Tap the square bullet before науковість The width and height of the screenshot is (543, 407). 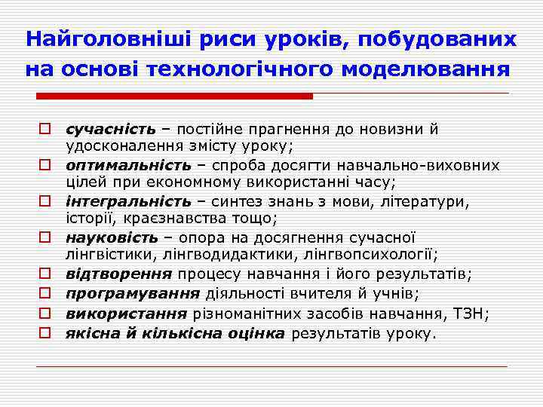45,237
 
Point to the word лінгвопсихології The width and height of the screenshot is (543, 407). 378,254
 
